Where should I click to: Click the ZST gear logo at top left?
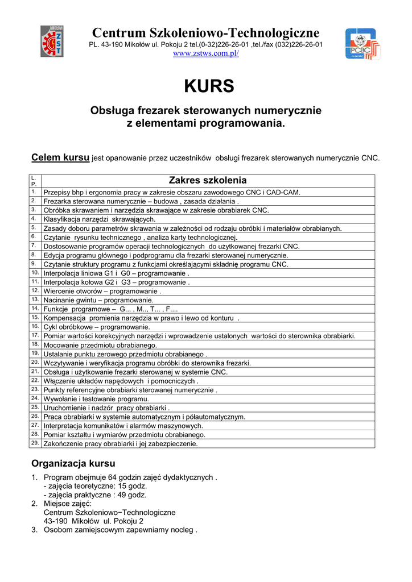52,41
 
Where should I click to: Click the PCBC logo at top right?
360,44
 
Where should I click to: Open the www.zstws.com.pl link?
205,53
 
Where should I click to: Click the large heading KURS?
209,86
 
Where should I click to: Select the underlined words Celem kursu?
60,157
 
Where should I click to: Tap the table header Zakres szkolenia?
208,180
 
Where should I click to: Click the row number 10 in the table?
35,273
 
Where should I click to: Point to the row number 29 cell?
35,443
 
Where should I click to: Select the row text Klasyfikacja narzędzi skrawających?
99,219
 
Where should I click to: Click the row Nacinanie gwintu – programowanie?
98,300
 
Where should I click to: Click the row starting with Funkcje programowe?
111,309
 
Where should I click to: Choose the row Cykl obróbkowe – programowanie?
97,327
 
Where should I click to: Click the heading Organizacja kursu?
73,463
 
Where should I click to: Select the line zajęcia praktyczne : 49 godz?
95,495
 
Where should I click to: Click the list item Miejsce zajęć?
67,504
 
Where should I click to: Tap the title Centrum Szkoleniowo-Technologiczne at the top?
205,32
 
